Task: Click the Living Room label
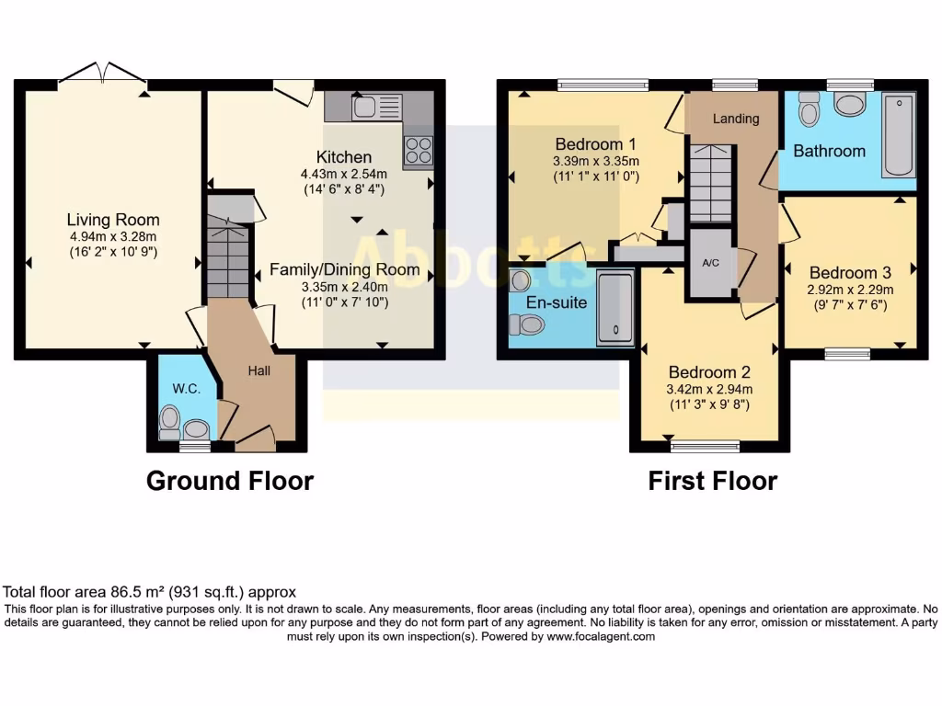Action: [112, 220]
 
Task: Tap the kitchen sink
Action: [364, 108]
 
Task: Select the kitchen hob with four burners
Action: [419, 150]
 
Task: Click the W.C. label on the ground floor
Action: [187, 389]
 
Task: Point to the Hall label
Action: [258, 370]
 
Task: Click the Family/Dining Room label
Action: [344, 269]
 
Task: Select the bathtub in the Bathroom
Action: [898, 135]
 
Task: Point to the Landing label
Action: [736, 119]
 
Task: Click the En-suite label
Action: [557, 302]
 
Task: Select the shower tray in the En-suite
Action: [615, 308]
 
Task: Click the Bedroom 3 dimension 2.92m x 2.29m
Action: [850, 289]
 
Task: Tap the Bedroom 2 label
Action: [709, 372]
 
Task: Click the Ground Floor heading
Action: [229, 481]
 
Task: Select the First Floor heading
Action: [712, 481]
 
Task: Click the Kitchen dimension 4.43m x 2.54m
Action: [344, 174]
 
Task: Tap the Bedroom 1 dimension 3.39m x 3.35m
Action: [596, 161]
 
